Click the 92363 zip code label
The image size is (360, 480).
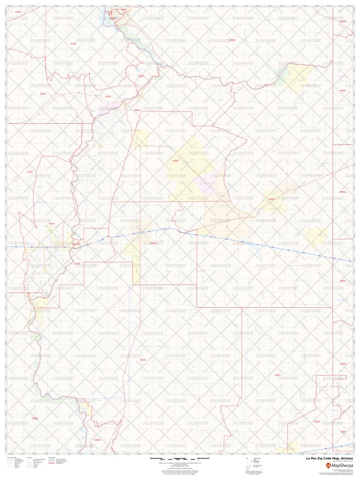(x=73, y=44)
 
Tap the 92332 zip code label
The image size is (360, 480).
(x=18, y=12)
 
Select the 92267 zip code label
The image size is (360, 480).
(x=141, y=76)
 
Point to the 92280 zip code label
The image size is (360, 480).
(x=43, y=94)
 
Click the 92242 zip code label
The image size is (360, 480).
(x=108, y=96)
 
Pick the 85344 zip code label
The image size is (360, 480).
(x=137, y=110)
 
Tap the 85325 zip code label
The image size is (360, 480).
(x=176, y=161)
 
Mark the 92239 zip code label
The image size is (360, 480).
(x=30, y=172)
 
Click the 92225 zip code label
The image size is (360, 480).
(x=51, y=223)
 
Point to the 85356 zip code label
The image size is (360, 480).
(x=143, y=360)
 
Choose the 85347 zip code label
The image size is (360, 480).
(x=278, y=375)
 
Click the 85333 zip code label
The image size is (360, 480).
(x=317, y=421)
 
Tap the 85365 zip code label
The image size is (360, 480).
(x=97, y=440)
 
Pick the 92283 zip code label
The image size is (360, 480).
(x=35, y=418)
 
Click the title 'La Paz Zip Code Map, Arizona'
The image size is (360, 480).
(x=326, y=459)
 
